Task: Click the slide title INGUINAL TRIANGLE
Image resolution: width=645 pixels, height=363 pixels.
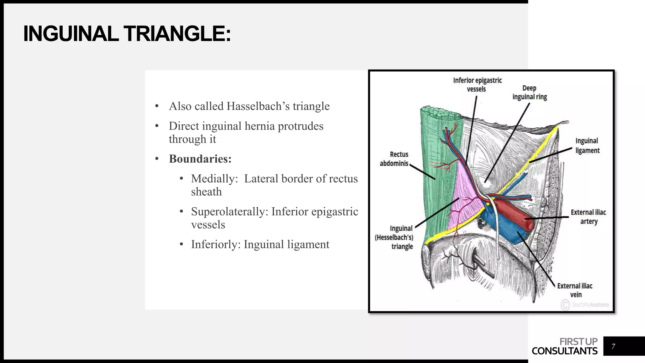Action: click(x=127, y=34)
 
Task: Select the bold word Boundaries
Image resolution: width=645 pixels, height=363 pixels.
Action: click(x=200, y=159)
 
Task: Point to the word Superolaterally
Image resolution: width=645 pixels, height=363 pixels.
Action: click(x=229, y=211)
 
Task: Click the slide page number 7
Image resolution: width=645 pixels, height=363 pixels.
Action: click(x=613, y=346)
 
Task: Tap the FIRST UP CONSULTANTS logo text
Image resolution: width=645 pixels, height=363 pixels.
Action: click(x=565, y=346)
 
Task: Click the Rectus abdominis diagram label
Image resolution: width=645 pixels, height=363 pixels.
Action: click(x=394, y=159)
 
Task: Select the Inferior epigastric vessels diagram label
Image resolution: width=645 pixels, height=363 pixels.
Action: click(x=477, y=84)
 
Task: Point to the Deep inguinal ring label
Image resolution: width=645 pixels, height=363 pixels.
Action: click(x=529, y=92)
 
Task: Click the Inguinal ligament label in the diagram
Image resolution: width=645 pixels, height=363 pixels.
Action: click(x=587, y=146)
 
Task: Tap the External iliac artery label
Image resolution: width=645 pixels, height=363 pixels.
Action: click(x=588, y=217)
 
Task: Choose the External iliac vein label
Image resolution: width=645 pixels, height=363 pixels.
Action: click(x=575, y=290)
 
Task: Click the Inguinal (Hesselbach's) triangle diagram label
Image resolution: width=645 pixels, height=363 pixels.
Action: click(x=394, y=237)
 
